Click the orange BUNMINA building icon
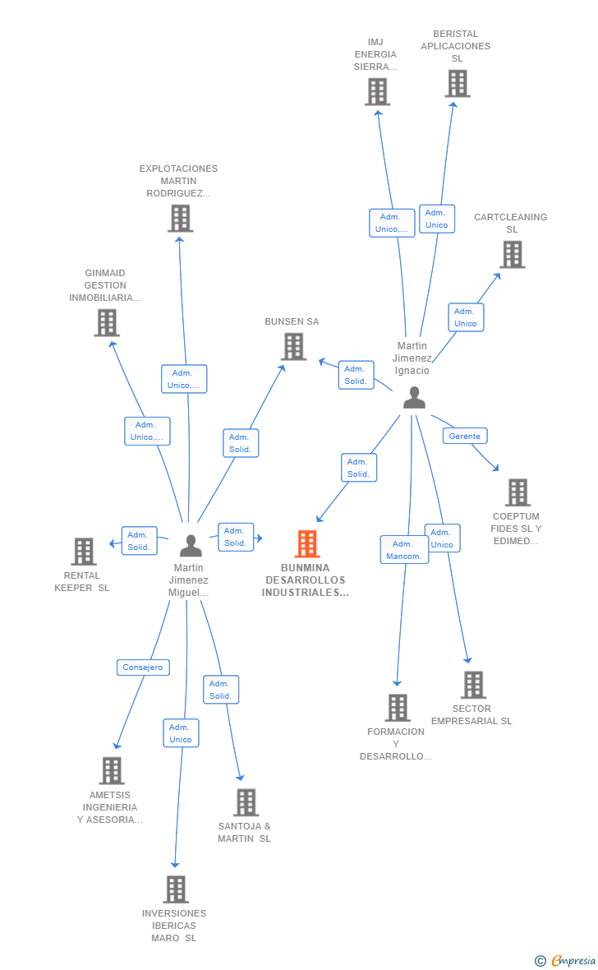pos(306,543)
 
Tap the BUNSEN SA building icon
pos(294,347)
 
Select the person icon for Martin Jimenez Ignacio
pos(415,398)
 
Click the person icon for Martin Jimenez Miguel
pos(191,545)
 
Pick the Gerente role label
pos(464,436)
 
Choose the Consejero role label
pos(143,667)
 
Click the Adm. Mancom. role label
pos(404,550)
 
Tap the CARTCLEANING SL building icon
pos(512,255)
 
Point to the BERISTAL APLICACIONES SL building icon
pos(458,84)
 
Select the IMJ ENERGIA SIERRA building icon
pos(377,91)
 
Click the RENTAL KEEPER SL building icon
pos(84,552)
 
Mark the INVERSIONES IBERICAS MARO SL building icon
pos(175,889)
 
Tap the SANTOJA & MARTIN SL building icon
pos(246,802)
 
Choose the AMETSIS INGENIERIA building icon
pos(112,770)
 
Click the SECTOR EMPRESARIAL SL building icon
pos(472,685)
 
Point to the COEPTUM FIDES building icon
pos(517,492)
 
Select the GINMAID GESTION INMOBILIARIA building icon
pos(107,323)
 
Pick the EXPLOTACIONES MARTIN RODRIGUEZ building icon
pos(180,219)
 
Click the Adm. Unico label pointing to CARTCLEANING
pos(466,317)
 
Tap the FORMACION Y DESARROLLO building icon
pos(398,708)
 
